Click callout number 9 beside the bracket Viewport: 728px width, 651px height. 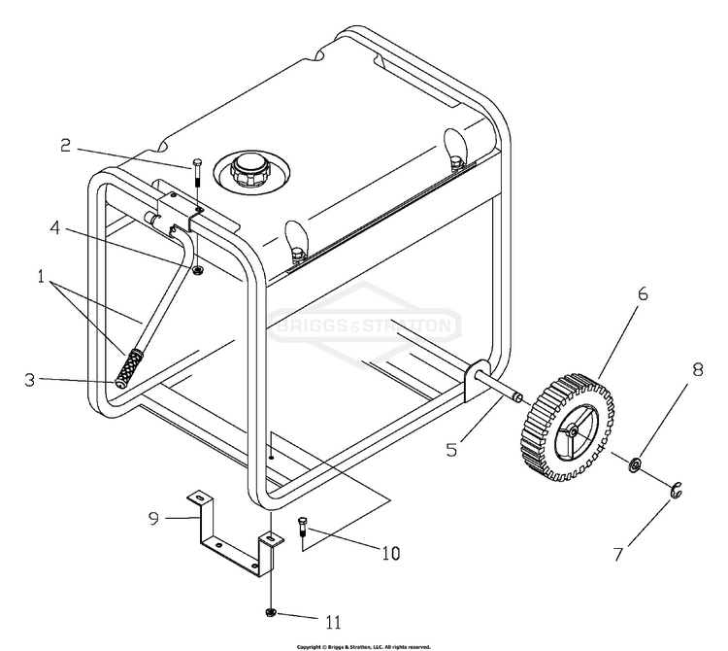point(152,518)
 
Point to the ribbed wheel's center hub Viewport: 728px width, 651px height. point(573,425)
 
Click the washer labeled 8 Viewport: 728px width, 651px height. point(635,464)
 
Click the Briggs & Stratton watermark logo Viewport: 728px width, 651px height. point(366,324)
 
